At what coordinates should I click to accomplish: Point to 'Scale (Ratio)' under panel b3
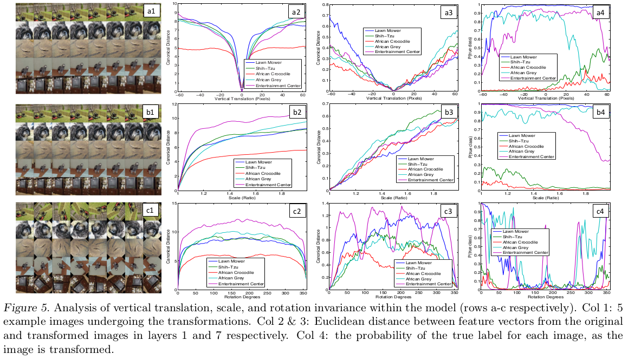393,199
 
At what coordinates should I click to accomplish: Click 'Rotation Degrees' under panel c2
242,297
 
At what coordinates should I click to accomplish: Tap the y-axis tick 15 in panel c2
174,204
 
